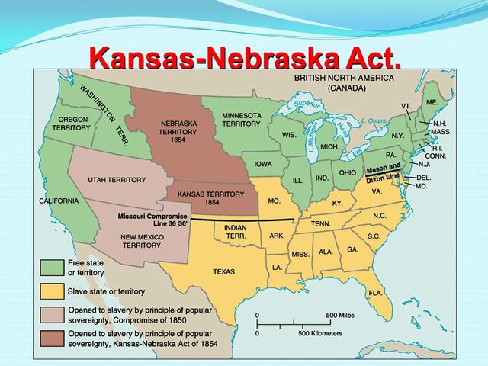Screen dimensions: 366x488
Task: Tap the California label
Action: [x=59, y=201]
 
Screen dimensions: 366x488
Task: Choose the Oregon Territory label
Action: [x=72, y=124]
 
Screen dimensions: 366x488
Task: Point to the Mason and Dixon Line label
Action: [x=383, y=172]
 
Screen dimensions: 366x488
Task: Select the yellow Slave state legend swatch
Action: [x=52, y=292]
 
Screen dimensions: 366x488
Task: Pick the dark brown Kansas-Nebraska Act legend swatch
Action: [x=52, y=338]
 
